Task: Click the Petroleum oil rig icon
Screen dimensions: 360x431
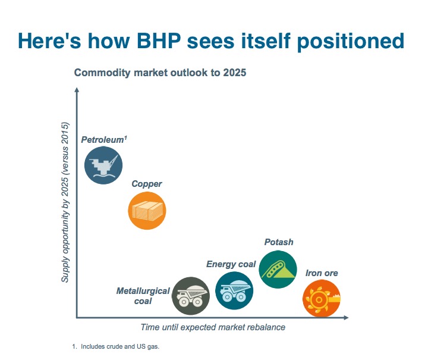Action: pyautogui.click(x=103, y=165)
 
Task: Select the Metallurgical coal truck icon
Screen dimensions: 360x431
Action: pyautogui.click(x=191, y=296)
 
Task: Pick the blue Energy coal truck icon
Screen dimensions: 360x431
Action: pyautogui.click(x=234, y=290)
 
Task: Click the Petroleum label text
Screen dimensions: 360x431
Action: pyautogui.click(x=105, y=140)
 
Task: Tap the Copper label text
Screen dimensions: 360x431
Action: pyautogui.click(x=146, y=184)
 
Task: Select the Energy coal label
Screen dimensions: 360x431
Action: pyautogui.click(x=231, y=264)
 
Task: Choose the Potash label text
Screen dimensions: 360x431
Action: pyautogui.click(x=279, y=242)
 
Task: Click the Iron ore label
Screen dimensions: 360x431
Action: pyautogui.click(x=322, y=273)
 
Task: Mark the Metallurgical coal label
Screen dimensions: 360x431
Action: pyautogui.click(x=143, y=296)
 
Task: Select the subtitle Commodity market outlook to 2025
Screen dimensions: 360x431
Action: pyautogui.click(x=160, y=73)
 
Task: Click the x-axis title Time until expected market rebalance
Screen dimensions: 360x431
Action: pyautogui.click(x=213, y=327)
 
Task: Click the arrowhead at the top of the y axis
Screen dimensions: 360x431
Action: pyautogui.click(x=77, y=90)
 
